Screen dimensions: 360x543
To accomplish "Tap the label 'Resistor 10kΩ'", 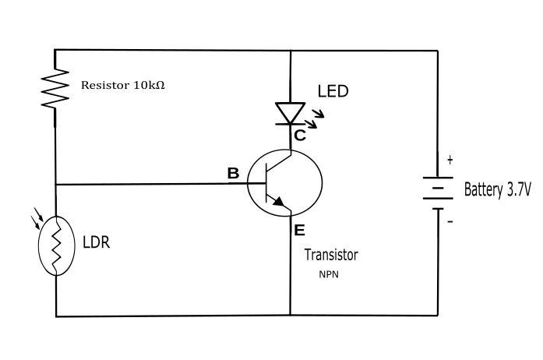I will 123,84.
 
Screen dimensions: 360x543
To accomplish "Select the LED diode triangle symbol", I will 291,113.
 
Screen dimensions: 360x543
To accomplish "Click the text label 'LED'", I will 333,91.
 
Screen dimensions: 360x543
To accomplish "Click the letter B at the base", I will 233,174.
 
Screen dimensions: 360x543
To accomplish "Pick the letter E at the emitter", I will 300,230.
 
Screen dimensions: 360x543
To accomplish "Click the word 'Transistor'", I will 331,255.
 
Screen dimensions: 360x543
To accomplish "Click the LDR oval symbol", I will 56,245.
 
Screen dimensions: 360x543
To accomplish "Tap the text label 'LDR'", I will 96,242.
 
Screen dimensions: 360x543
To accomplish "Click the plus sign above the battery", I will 450,161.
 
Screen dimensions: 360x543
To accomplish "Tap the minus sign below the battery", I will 450,221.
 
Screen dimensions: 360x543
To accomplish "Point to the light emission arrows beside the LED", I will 317,118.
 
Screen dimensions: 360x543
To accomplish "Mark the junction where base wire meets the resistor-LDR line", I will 56,185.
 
